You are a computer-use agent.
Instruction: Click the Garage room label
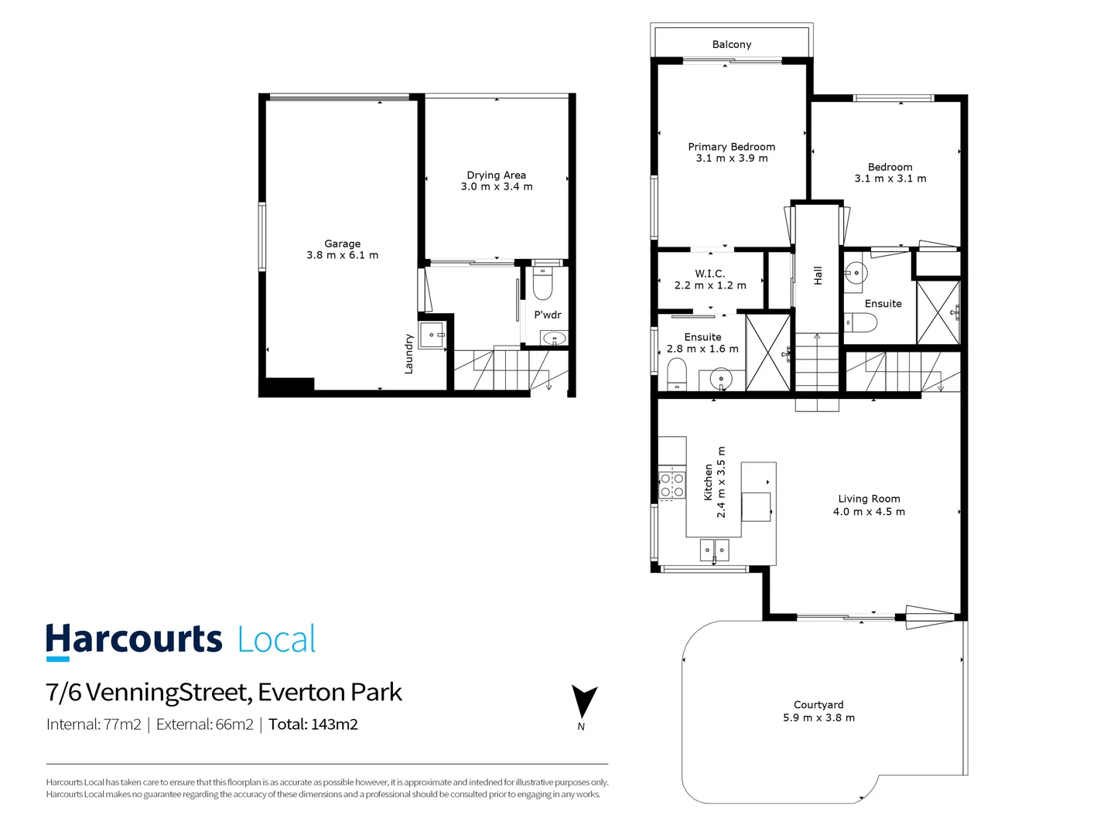[342, 244]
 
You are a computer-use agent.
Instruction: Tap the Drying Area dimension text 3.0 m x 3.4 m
[497, 187]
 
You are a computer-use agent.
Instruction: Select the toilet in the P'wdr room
[543, 285]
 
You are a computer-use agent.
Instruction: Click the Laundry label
[408, 354]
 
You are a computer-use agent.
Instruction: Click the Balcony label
[731, 45]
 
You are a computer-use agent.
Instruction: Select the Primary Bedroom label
[731, 147]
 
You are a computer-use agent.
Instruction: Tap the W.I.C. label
[709, 274]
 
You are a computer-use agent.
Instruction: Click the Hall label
[818, 276]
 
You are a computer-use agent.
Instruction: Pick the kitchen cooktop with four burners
[671, 485]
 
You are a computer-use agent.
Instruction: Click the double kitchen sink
[714, 550]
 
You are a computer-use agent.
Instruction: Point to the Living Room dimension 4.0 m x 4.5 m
[869, 512]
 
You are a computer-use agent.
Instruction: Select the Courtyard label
[818, 705]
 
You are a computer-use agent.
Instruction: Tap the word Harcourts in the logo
[134, 640]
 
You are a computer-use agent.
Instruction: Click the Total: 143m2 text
[313, 724]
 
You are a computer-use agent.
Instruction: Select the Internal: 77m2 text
[94, 724]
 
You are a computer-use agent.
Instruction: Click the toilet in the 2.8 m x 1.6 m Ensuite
[677, 375]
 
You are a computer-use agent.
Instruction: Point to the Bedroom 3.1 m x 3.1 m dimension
[890, 179]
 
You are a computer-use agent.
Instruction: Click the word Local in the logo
[276, 640]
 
